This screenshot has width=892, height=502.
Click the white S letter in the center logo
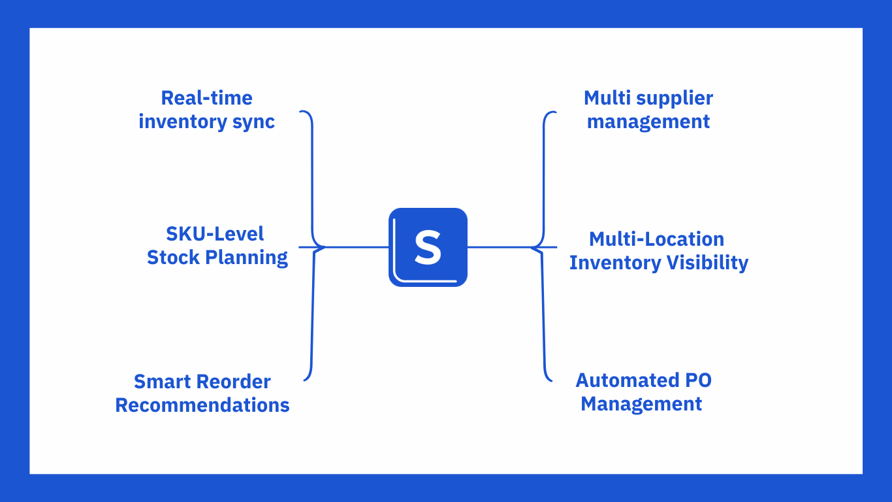[x=428, y=248]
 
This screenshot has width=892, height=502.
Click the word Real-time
[x=206, y=98]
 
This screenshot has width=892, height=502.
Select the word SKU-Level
[x=215, y=234]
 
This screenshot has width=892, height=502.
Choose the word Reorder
[x=234, y=382]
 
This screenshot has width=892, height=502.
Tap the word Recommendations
[x=202, y=405]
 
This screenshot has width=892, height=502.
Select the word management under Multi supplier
[x=648, y=122]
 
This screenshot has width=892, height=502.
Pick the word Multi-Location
[x=656, y=239]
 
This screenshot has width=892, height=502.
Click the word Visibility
[x=707, y=263]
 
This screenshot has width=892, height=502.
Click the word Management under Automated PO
[x=641, y=404]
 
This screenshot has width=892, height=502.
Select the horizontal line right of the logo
[x=500, y=247]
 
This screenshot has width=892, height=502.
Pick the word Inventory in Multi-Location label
[x=615, y=263]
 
